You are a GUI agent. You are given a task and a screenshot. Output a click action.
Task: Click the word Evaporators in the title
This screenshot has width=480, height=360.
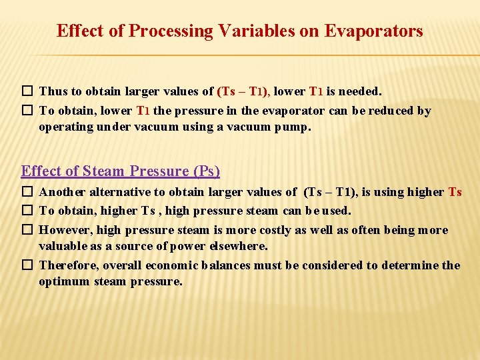[373, 31]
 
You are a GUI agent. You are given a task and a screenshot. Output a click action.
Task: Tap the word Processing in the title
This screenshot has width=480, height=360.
[175, 31]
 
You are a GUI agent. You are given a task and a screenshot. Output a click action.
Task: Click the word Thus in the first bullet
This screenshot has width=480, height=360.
[52, 91]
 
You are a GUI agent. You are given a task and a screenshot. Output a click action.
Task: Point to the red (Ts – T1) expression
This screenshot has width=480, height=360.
[243, 91]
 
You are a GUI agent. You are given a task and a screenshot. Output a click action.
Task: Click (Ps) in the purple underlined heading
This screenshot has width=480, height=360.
[206, 171]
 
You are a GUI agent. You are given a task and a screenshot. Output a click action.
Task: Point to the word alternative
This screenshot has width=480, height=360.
[123, 192]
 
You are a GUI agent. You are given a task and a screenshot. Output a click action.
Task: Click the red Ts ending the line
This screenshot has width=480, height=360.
[455, 192]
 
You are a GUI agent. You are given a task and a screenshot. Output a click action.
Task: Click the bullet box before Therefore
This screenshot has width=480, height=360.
[27, 265]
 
